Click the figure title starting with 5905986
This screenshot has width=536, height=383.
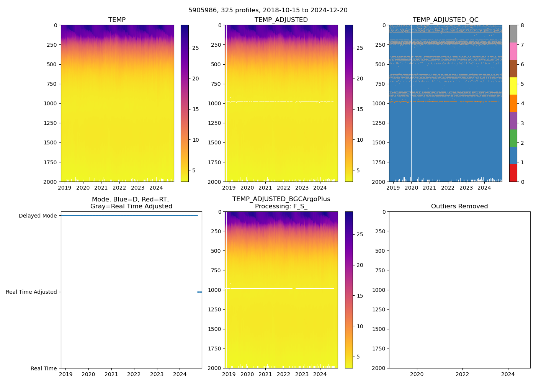tap(268, 10)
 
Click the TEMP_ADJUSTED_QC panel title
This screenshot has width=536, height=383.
tap(445, 20)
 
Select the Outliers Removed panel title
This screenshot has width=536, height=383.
tap(459, 206)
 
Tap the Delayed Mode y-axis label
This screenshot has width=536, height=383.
tap(38, 216)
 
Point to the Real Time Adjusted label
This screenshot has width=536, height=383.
tap(31, 292)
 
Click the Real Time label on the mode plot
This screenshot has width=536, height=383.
tap(44, 368)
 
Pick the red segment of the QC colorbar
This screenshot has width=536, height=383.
tap(513, 173)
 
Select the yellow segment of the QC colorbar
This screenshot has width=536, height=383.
tap(513, 86)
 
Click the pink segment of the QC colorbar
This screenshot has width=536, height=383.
tap(513, 51)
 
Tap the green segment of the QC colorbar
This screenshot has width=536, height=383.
tap(513, 138)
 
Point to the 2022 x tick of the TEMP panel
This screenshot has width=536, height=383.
tap(119, 188)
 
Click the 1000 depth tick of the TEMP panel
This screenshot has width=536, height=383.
tap(50, 103)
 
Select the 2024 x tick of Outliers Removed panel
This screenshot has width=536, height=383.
tap(508, 374)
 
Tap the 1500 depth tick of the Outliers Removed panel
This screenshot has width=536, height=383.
tap(378, 329)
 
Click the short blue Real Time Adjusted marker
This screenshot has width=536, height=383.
tap(199, 292)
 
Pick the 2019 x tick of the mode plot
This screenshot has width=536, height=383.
tap(66, 374)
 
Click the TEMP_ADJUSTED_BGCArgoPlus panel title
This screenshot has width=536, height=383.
tap(281, 203)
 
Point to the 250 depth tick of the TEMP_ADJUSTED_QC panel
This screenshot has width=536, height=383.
tap(380, 45)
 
